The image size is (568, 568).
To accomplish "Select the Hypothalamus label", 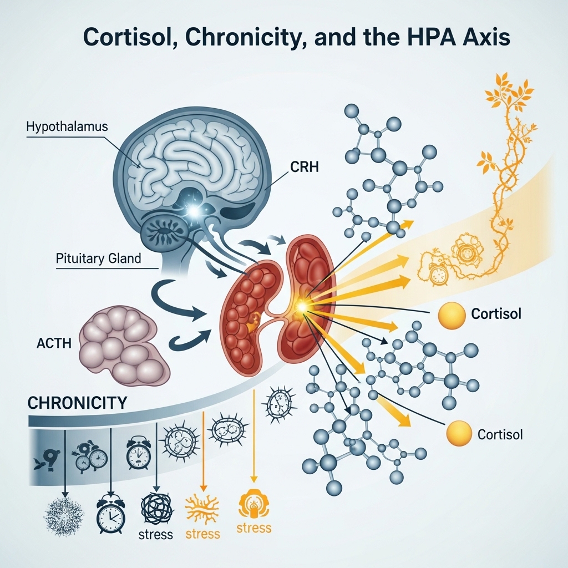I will point(67,127).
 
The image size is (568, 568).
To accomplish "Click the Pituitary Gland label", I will point(99,258).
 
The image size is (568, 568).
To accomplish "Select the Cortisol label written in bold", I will point(496,313).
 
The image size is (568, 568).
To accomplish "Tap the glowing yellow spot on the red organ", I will point(302,306).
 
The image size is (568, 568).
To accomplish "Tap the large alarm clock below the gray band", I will point(110,515).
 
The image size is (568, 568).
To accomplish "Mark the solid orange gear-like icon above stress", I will point(253,504).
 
